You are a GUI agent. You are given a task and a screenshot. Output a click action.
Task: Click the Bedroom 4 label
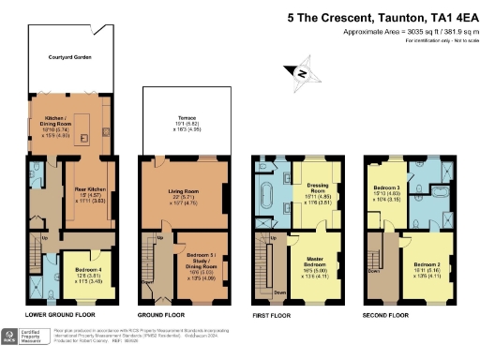tap(63, 269)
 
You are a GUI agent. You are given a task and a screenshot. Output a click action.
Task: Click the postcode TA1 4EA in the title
tap(442, 16)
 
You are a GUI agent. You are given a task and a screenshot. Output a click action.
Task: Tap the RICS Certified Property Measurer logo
tap(28, 337)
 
